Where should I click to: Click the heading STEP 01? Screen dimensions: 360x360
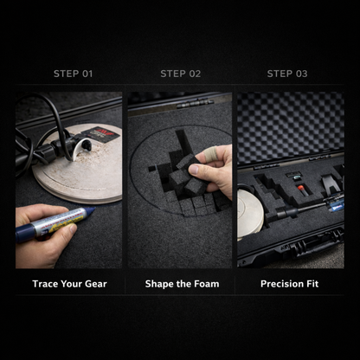pos(73,74)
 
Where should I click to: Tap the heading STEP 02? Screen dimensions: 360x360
pos(181,74)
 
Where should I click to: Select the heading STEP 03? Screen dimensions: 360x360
pos(287,74)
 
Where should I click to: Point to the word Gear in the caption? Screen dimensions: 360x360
pos(96,284)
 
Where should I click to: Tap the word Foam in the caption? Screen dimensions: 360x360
pos(207,284)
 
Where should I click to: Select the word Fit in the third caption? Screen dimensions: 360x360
pos(312,284)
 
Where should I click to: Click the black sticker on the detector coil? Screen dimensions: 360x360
pos(100,134)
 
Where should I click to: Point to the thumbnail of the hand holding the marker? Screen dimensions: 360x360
pos(68,180)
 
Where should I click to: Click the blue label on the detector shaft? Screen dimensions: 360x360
pos(337,206)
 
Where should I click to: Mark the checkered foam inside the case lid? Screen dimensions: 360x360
pos(291,126)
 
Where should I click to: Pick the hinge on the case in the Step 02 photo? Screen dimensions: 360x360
pos(195,103)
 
